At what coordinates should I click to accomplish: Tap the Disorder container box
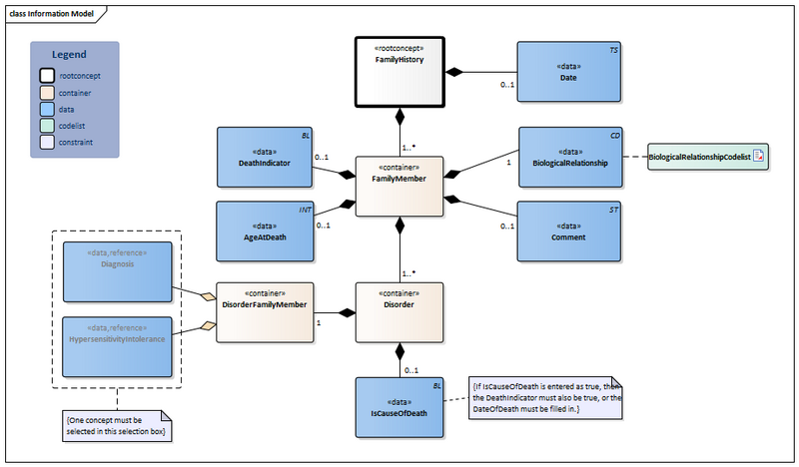(399, 312)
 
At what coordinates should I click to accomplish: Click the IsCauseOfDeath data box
(399, 408)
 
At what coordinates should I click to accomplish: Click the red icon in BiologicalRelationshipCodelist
(758, 157)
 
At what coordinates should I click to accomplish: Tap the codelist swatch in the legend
(47, 126)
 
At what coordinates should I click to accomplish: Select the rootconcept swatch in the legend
(47, 75)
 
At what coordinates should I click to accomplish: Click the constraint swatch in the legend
(47, 143)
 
